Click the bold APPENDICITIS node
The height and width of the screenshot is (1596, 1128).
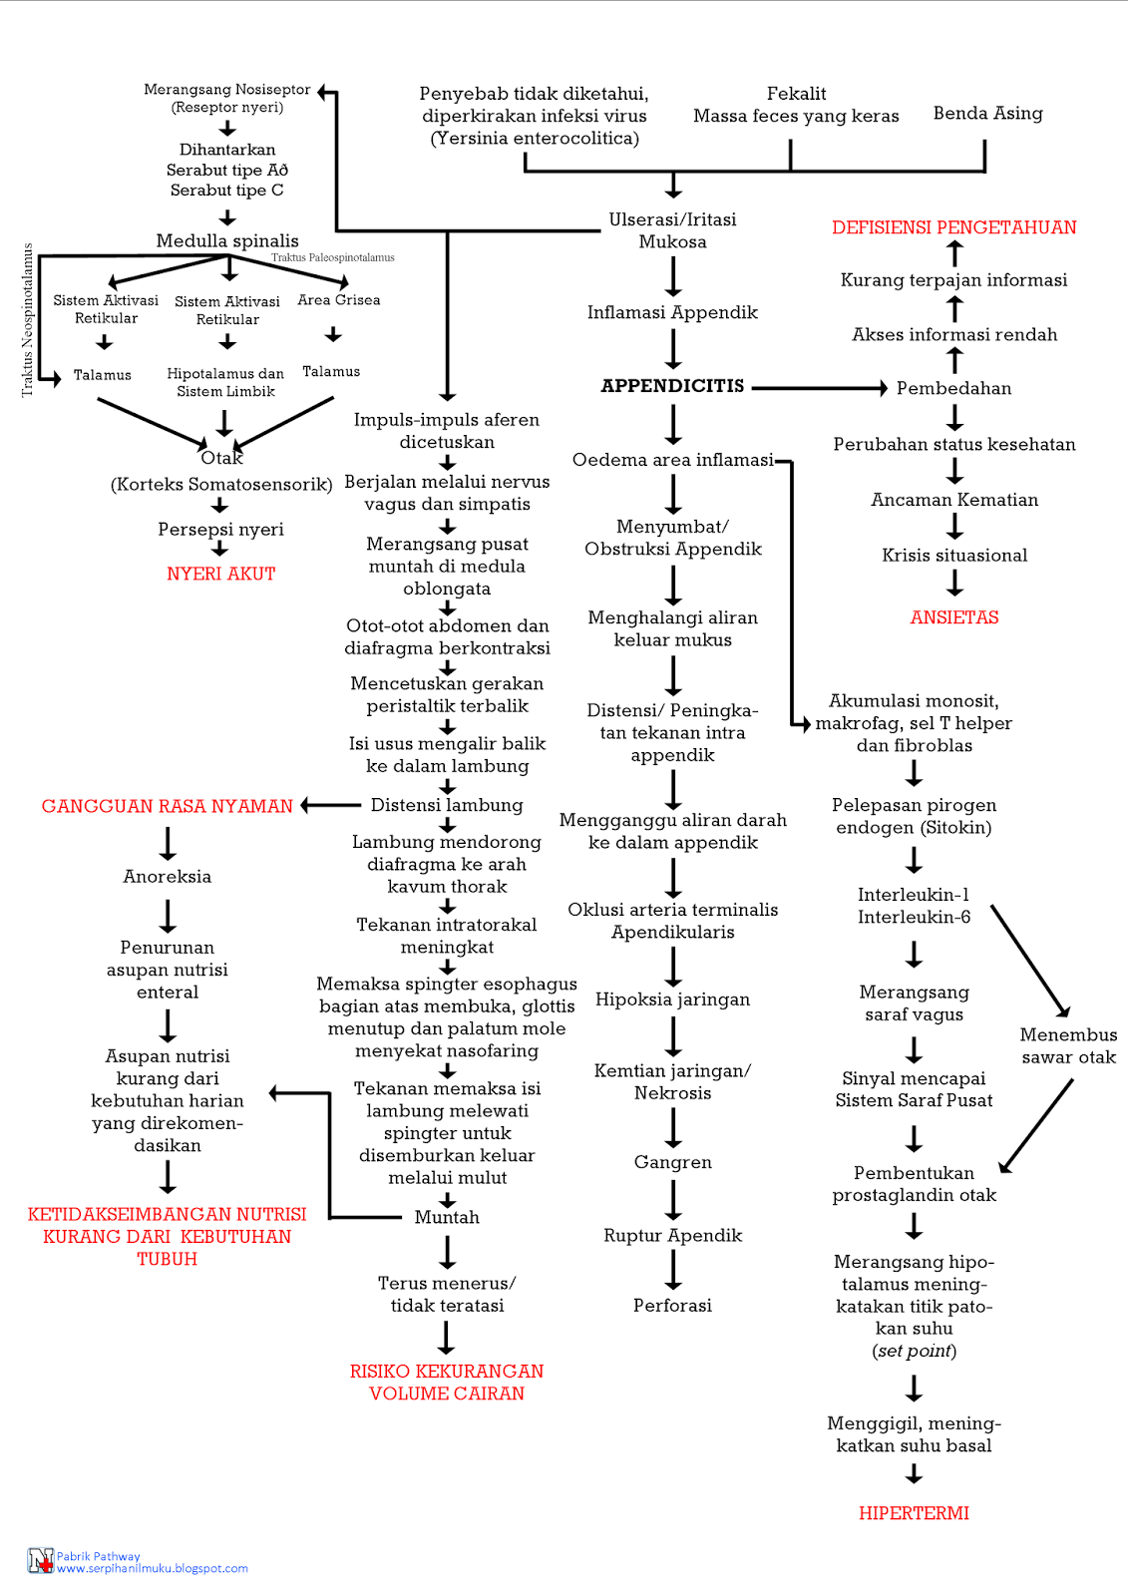tap(672, 386)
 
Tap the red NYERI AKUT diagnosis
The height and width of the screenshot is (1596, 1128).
tap(220, 574)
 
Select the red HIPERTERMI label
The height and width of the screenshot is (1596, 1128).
tap(914, 1513)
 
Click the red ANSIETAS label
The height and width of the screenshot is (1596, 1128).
tap(953, 617)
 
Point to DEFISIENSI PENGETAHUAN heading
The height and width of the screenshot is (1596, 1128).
tap(953, 227)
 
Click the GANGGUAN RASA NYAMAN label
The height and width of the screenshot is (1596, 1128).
tap(168, 806)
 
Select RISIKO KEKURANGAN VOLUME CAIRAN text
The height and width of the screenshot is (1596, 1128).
tap(447, 1383)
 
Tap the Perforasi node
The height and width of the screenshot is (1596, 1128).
tap(672, 1306)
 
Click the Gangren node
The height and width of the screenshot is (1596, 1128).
tap(672, 1162)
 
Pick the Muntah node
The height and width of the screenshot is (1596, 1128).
tap(447, 1217)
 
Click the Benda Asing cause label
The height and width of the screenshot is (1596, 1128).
tap(987, 114)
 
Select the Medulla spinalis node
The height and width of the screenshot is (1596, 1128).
tap(227, 240)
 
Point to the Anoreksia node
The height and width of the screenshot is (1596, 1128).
tap(167, 877)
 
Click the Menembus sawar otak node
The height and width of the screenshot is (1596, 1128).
tap(1068, 1045)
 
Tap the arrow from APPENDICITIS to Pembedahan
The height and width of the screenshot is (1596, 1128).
tap(818, 388)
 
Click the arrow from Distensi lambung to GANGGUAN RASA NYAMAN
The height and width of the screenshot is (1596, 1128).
tap(331, 805)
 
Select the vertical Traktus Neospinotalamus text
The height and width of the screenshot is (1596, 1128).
tap(27, 319)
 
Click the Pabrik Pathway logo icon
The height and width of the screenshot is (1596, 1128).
tap(40, 1561)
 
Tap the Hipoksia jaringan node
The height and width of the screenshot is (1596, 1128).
tap(672, 999)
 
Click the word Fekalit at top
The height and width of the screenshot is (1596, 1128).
tap(796, 94)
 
